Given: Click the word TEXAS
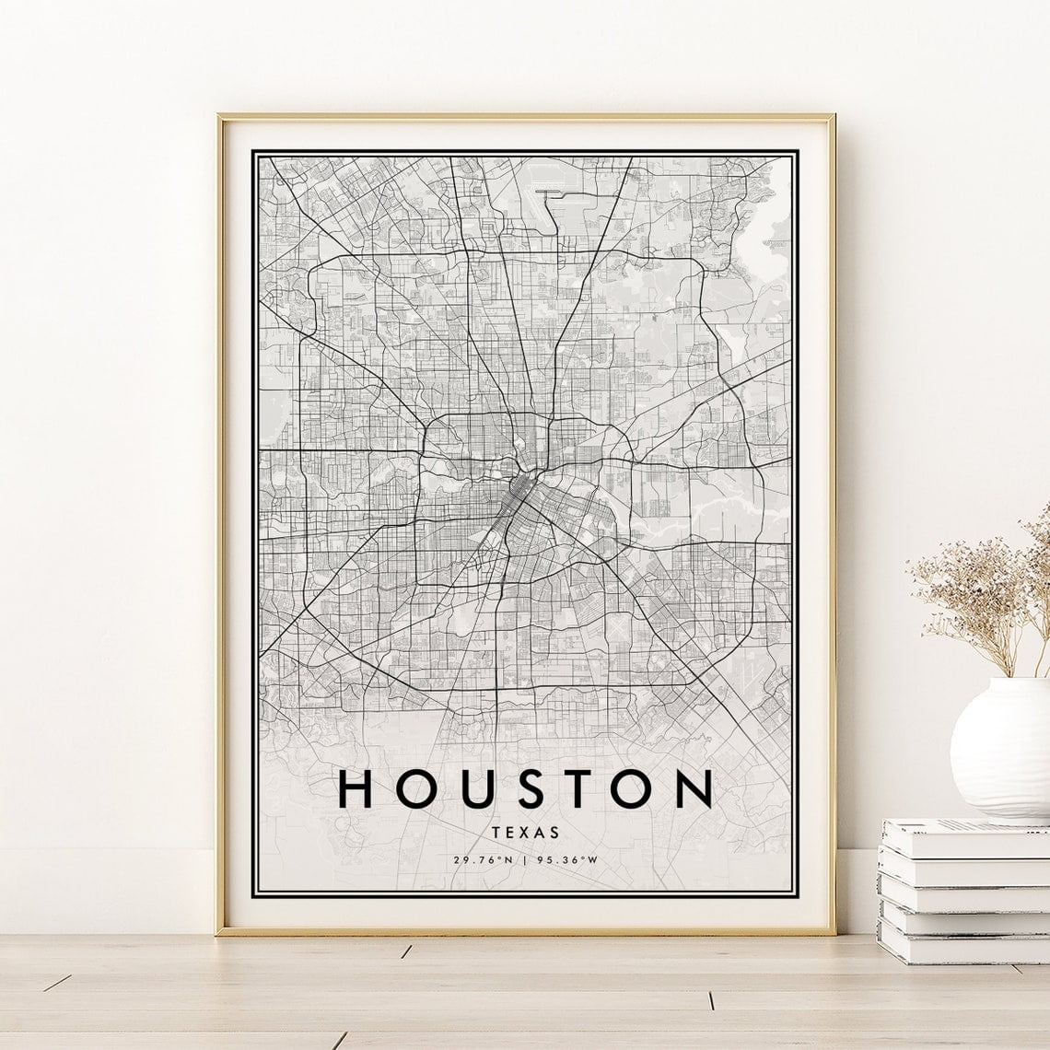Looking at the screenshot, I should (x=526, y=831).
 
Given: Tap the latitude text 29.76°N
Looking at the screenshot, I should (x=483, y=860).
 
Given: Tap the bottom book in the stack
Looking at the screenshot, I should (x=962, y=944).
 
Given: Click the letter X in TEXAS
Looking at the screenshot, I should (x=526, y=831).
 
